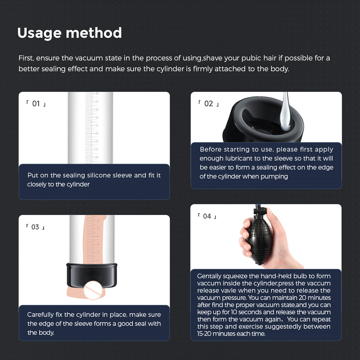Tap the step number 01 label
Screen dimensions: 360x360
[x=36, y=104]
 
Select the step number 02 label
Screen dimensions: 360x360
[x=208, y=104]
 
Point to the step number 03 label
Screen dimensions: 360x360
[x=35, y=227]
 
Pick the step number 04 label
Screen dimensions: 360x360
[x=207, y=216]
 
